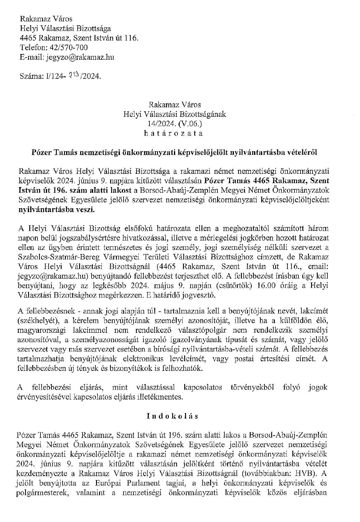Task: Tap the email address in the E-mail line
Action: (80, 57)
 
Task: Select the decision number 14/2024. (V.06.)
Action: (175, 124)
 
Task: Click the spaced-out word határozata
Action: (175, 133)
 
